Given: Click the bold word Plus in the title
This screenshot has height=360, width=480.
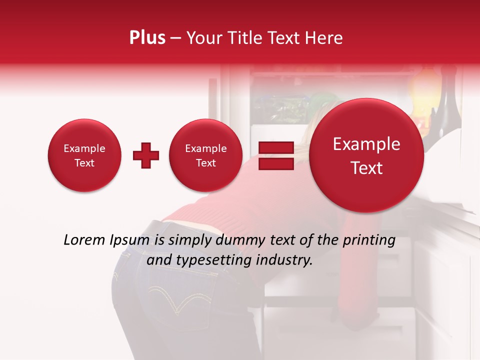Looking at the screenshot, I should tap(147, 38).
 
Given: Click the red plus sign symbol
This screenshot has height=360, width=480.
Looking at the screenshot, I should tap(146, 155).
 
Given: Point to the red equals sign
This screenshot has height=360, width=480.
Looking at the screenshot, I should tap(276, 155).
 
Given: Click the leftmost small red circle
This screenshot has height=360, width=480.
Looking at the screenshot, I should tap(84, 155).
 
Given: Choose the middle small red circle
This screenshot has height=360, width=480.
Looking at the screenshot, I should tap(205, 155).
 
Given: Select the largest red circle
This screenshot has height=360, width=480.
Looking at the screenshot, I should tap(366, 155).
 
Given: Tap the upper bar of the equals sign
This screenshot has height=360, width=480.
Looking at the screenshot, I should tap(276, 147).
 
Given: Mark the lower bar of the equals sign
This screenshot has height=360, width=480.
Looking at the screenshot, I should tap(276, 163).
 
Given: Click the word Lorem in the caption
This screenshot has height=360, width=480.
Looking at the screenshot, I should tap(85, 240).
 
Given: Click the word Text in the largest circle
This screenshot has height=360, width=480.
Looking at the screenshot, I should tap(366, 168).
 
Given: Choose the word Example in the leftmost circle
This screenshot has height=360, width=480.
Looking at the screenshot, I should tap(84, 148).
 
